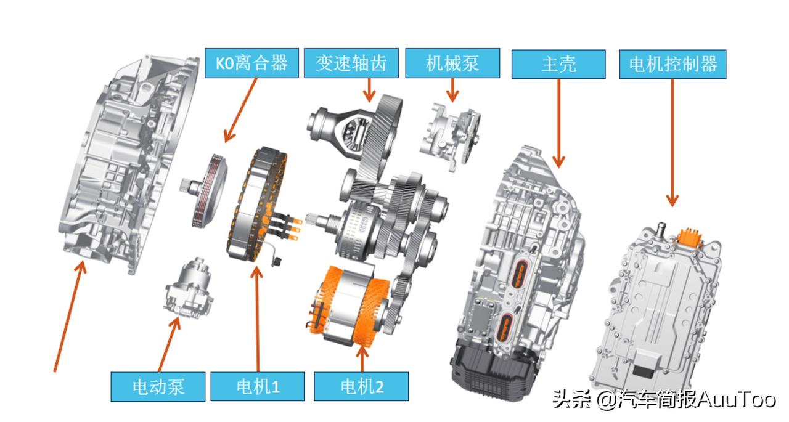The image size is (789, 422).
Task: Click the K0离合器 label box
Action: (251, 63)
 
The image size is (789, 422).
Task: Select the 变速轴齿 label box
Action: (351, 63)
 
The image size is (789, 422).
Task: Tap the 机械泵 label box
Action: (452, 63)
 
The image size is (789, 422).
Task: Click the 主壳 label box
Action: (558, 64)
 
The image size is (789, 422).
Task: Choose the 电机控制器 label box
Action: (672, 64)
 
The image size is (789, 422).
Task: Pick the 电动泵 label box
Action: (158, 386)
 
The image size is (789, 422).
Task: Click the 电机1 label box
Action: (258, 386)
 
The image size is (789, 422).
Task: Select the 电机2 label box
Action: (361, 386)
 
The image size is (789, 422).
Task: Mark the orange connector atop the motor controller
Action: (690, 237)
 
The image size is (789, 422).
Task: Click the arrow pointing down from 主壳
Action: (558, 123)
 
